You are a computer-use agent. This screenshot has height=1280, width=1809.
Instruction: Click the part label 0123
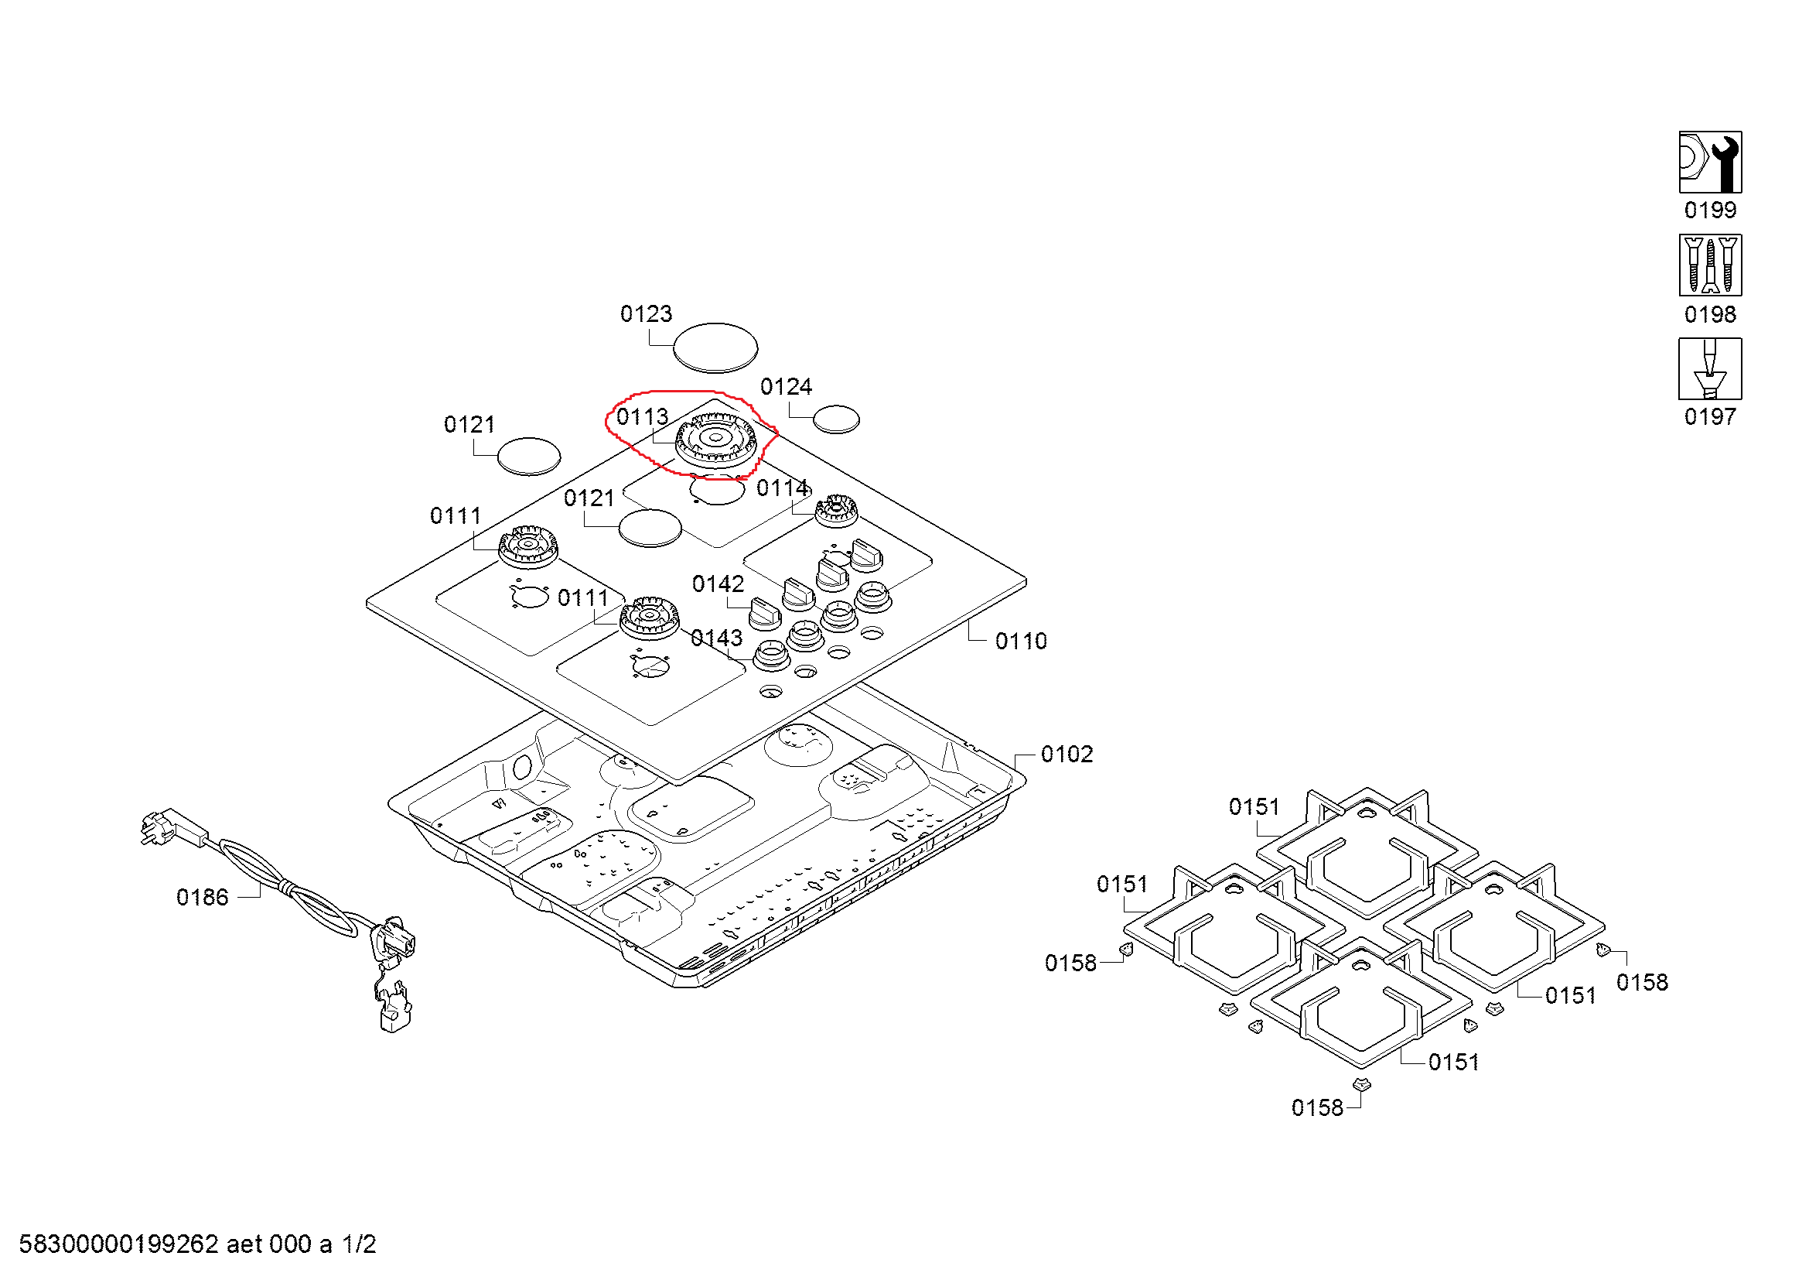click(x=645, y=313)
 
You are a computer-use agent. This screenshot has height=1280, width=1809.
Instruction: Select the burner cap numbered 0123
click(x=715, y=347)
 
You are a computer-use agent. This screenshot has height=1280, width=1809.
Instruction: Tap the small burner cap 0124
click(x=835, y=419)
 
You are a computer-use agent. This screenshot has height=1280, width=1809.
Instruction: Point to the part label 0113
click(x=641, y=416)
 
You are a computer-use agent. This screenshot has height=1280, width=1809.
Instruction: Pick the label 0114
click(x=782, y=488)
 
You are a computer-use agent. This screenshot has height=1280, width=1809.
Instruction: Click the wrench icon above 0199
click(x=1710, y=162)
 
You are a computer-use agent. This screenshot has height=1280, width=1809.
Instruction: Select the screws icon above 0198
click(x=1710, y=265)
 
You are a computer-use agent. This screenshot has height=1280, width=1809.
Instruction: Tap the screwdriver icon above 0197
click(x=1710, y=369)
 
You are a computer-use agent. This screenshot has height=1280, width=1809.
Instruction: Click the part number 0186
click(x=202, y=897)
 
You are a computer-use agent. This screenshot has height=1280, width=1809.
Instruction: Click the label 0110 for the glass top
click(x=1020, y=641)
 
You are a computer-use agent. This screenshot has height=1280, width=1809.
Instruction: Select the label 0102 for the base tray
click(x=1066, y=755)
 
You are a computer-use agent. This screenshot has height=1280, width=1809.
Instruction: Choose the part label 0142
click(x=717, y=584)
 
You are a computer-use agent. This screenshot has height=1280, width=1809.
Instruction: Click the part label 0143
click(x=715, y=638)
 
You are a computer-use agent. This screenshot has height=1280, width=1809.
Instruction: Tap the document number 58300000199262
click(x=118, y=1244)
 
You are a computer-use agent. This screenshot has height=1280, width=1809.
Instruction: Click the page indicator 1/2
click(x=359, y=1244)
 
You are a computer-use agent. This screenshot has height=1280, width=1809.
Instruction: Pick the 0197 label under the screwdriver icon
click(x=1710, y=416)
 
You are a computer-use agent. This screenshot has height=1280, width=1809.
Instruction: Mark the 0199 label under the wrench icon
click(x=1710, y=210)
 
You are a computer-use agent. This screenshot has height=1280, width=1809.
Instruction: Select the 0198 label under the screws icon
click(x=1710, y=314)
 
